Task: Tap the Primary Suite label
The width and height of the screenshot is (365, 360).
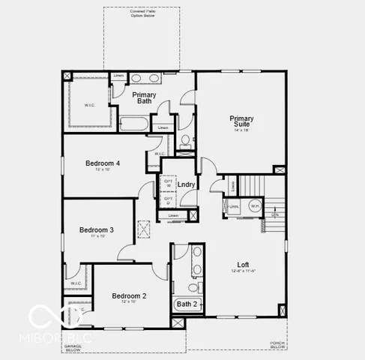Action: [241, 118]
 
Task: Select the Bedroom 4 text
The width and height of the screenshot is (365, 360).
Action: [103, 163]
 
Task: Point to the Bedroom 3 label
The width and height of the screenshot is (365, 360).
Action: [97, 229]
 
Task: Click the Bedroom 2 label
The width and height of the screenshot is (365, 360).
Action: [129, 295]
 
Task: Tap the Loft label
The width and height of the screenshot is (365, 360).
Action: [243, 264]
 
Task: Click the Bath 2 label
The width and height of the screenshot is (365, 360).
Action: [187, 304]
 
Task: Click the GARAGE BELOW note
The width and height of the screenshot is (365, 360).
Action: [72, 348]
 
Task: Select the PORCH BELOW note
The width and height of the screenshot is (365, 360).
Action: [277, 346]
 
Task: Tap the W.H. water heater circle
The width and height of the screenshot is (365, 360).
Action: [255, 205]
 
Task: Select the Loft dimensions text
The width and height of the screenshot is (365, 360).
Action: [243, 271]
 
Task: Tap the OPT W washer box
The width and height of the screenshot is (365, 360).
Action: [169, 183]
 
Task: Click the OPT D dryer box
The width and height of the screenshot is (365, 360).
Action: [169, 201]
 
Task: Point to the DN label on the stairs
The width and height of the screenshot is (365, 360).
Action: [275, 214]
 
